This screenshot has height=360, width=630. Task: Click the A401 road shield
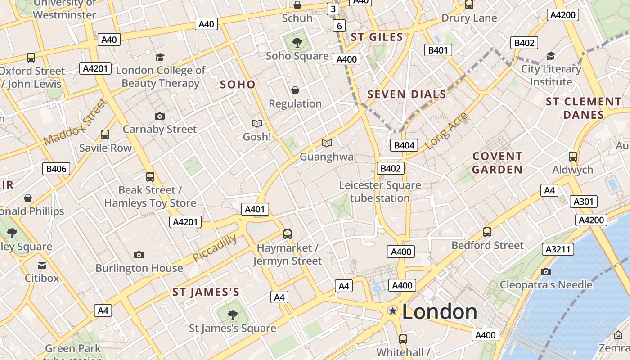[x=255, y=209]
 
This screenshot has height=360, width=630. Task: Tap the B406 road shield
[x=56, y=169]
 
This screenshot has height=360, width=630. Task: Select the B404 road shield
[x=404, y=145]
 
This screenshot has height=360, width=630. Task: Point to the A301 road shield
[x=583, y=202]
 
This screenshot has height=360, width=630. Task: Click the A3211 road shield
[x=558, y=249]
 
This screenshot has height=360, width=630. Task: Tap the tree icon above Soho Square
[x=297, y=43]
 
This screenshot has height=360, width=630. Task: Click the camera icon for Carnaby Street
[x=159, y=117]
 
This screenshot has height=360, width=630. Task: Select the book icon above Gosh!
[x=257, y=123]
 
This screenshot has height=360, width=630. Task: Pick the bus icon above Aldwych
[x=573, y=157]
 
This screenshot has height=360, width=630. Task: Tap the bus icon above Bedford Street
[x=487, y=232]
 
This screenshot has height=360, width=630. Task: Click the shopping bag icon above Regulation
[x=295, y=91]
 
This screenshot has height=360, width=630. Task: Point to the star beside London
[x=393, y=311]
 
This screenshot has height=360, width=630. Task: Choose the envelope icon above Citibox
[x=42, y=265]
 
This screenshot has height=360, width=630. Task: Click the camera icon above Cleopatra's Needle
[x=546, y=271]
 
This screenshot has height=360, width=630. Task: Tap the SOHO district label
[x=238, y=84]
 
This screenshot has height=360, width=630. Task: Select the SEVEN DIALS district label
[x=407, y=94]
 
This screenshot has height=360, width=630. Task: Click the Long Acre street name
[x=446, y=131]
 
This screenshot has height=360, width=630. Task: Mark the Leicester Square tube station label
[x=380, y=191]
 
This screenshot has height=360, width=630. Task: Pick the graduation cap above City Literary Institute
[x=551, y=56]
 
